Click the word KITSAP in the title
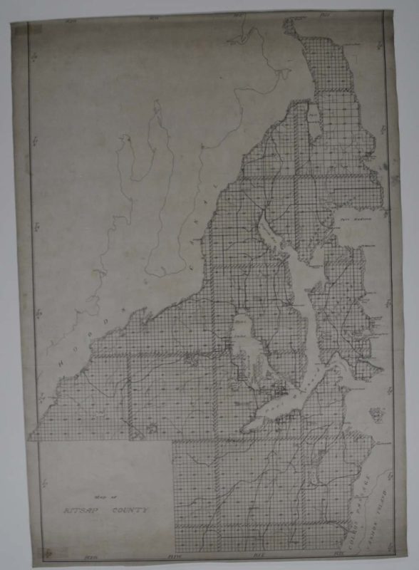pos(73,512)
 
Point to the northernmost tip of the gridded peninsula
pos(289,26)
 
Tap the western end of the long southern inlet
pos(244,428)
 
